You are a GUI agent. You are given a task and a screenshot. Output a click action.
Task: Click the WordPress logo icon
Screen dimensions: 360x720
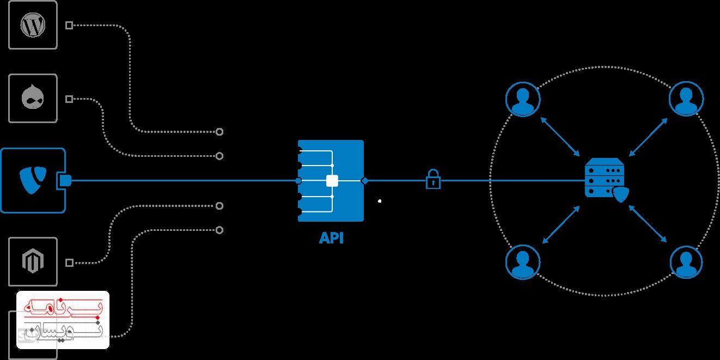pyautogui.click(x=33, y=25)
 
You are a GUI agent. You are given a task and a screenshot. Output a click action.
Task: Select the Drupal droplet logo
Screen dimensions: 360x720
pyautogui.click(x=33, y=99)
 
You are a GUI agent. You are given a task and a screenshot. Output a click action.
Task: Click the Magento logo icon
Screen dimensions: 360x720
pyautogui.click(x=33, y=262)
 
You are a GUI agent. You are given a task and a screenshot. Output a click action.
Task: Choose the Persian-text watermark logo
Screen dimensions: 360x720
pyautogui.click(x=63, y=320)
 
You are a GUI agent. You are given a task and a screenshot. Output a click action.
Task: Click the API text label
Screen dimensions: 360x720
pyautogui.click(x=331, y=238)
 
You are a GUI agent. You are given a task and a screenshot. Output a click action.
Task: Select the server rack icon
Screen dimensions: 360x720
pyautogui.click(x=603, y=178)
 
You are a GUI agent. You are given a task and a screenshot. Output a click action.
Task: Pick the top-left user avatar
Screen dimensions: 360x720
pyautogui.click(x=523, y=99)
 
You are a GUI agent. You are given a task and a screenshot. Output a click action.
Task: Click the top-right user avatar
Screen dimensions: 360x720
pyautogui.click(x=686, y=99)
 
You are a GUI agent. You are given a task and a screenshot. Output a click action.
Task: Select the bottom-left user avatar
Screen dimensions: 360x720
pyautogui.click(x=523, y=262)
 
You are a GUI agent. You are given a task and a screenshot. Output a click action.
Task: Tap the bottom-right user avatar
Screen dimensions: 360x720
pyautogui.click(x=686, y=263)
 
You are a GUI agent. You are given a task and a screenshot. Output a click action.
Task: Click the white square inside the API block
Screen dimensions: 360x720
pyautogui.click(x=332, y=181)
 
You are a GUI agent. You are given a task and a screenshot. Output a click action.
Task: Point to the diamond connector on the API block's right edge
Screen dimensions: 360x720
pyautogui.click(x=364, y=181)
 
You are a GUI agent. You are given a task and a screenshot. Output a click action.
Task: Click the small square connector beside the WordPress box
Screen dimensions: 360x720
pyautogui.click(x=69, y=25)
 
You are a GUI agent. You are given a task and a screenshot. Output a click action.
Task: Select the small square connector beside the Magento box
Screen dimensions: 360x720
pyautogui.click(x=69, y=263)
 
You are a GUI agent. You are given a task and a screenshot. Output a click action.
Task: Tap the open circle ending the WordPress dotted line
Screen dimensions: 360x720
pyautogui.click(x=219, y=132)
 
